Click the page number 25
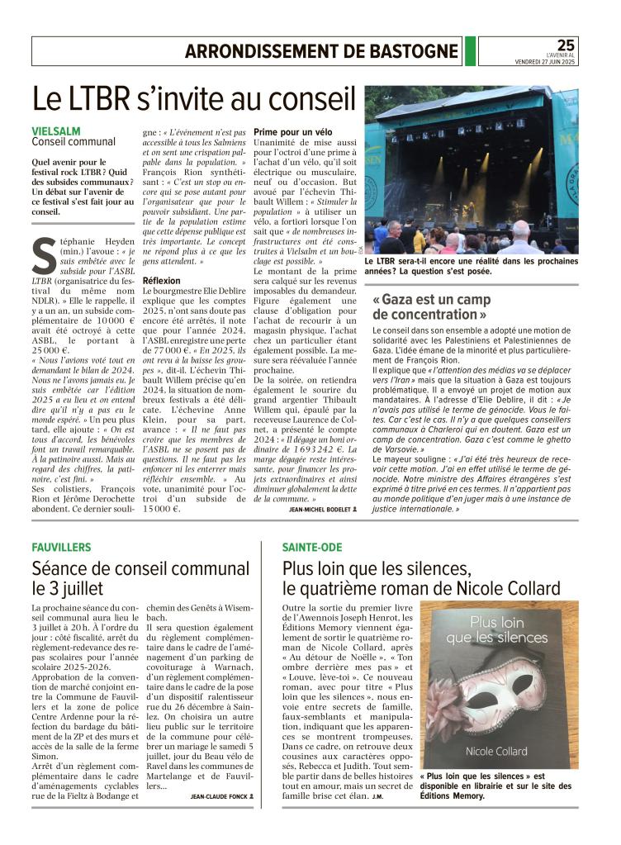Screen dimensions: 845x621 (566, 45)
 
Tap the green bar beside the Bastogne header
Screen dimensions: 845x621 (470, 51)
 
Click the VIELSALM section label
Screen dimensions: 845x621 (56, 131)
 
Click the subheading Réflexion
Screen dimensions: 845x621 (162, 281)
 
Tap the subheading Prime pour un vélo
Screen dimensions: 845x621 (294, 131)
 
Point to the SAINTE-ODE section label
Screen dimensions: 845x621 (312, 547)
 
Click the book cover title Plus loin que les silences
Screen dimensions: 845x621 (496, 629)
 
